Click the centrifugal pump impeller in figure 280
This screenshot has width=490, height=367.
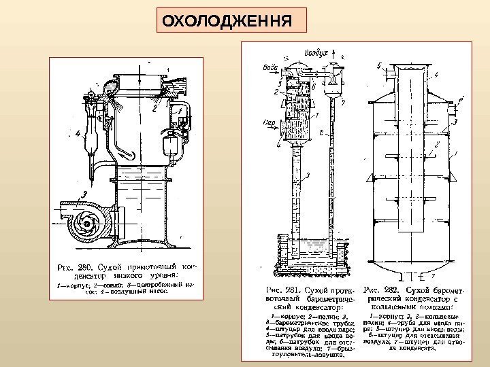84,221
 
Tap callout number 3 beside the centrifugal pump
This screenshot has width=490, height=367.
84,196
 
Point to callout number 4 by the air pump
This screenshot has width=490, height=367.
80,133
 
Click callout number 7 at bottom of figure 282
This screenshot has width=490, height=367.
434,277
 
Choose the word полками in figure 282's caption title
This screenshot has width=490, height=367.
423,308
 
